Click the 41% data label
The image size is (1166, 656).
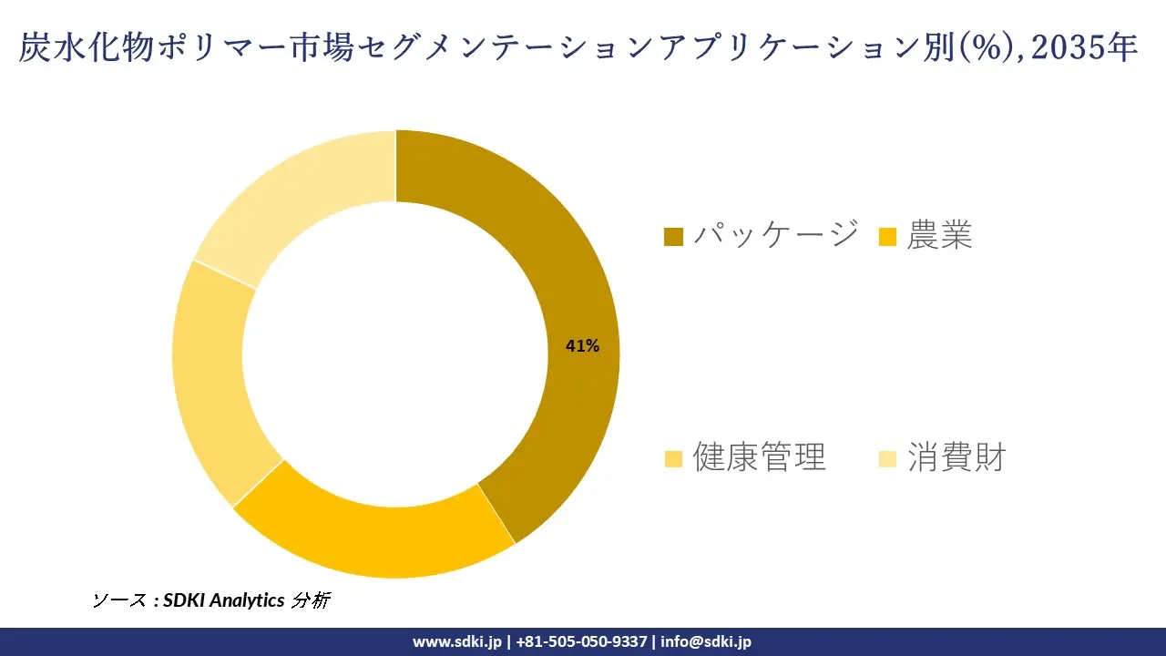tap(582, 346)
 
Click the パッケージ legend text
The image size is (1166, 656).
tap(775, 235)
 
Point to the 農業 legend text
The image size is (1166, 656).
tap(939, 235)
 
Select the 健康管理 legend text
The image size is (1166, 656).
tap(759, 456)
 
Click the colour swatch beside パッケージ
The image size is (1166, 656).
tap(673, 238)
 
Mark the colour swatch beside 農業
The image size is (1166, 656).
tap(887, 238)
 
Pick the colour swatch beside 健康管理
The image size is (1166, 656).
tap(673, 459)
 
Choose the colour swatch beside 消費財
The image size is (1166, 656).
tap(887, 459)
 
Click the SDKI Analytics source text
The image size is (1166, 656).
tap(224, 600)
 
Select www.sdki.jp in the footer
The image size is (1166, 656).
tap(456, 641)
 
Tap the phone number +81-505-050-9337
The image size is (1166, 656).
tap(581, 641)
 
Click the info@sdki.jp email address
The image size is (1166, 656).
tap(706, 641)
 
